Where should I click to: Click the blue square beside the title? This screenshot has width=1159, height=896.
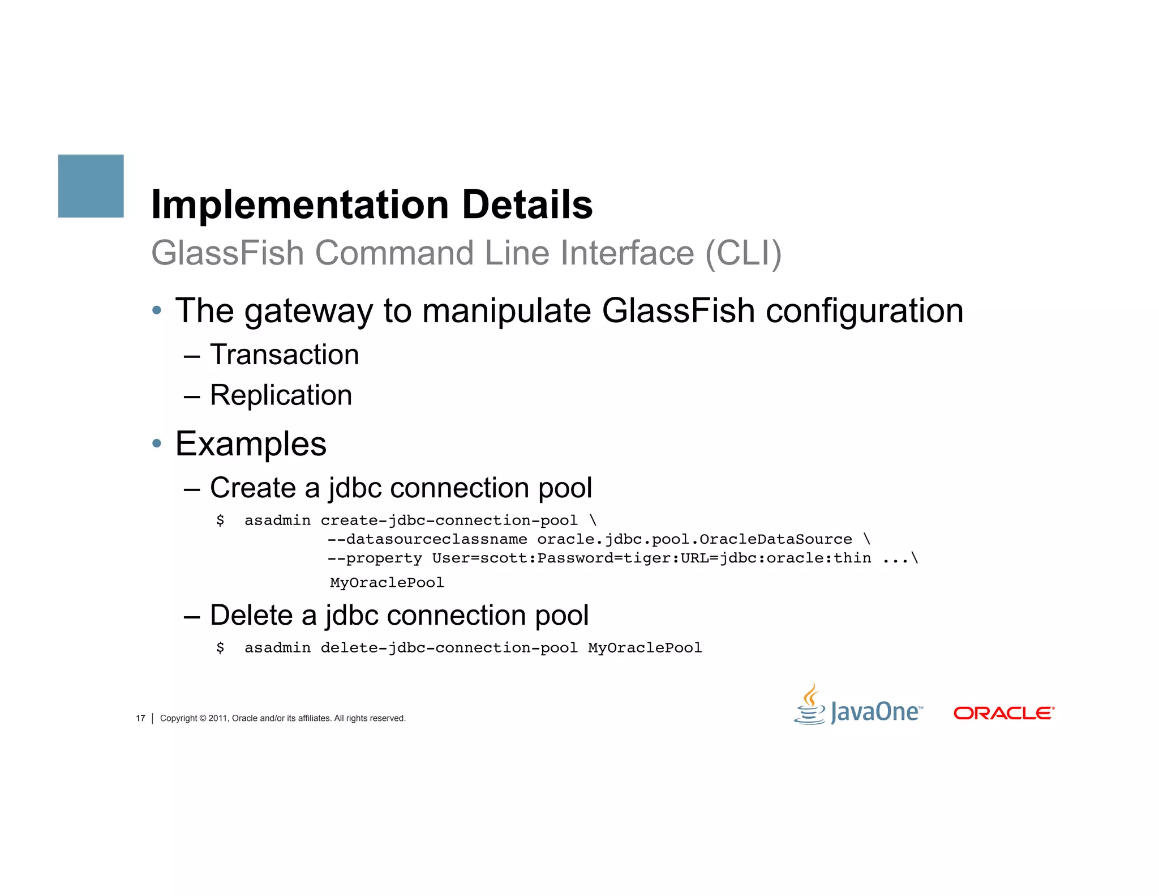pyautogui.click(x=91, y=186)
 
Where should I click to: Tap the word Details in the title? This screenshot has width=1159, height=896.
pyautogui.click(x=527, y=204)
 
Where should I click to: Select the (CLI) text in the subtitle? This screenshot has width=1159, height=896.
pyautogui.click(x=743, y=253)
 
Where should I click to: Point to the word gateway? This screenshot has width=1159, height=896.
pyautogui.click(x=308, y=311)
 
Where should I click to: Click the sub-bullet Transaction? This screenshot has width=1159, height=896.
pyautogui.click(x=284, y=355)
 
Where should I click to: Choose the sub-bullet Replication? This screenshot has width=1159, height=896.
pyautogui.click(x=281, y=395)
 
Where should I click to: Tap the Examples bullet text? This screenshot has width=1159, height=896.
pyautogui.click(x=251, y=443)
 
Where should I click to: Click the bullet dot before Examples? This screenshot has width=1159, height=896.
pyautogui.click(x=157, y=443)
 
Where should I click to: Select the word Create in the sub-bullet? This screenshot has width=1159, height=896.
pyautogui.click(x=252, y=488)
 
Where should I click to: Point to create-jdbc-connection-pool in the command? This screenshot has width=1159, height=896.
pyautogui.click(x=449, y=520)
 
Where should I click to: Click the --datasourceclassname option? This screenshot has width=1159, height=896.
pyautogui.click(x=427, y=539)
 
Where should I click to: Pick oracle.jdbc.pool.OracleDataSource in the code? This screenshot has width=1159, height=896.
pyautogui.click(x=694, y=539)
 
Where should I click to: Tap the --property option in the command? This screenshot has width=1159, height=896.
pyautogui.click(x=375, y=558)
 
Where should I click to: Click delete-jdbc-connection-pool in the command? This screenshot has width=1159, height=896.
pyautogui.click(x=449, y=648)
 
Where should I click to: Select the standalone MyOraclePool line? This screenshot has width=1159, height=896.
pyautogui.click(x=387, y=583)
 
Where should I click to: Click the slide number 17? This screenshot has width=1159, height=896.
pyautogui.click(x=140, y=718)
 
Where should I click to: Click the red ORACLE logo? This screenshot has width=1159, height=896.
pyautogui.click(x=1004, y=713)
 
